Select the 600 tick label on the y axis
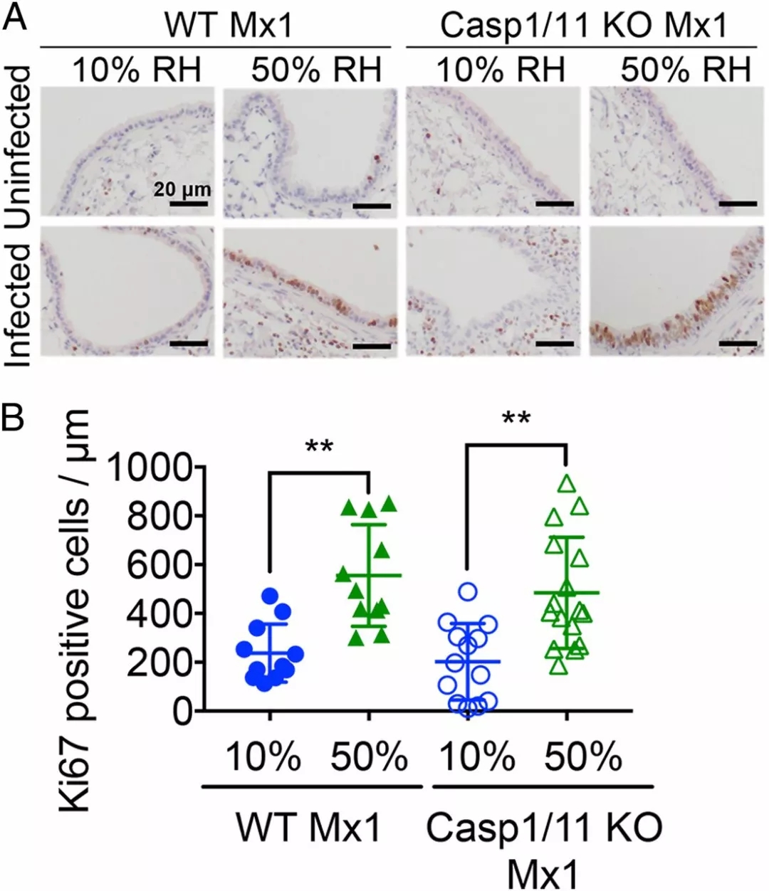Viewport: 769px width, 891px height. (x=160, y=564)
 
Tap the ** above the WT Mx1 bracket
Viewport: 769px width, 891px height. (x=318, y=448)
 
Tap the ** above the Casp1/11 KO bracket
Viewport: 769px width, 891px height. (x=516, y=418)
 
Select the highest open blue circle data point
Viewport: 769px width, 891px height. (x=467, y=591)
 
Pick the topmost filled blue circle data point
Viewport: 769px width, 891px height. (x=269, y=595)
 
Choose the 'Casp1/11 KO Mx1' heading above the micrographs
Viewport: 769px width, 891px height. (x=584, y=26)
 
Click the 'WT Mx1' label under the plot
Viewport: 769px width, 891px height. (x=308, y=827)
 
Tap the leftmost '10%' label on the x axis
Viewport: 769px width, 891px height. (x=263, y=756)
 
